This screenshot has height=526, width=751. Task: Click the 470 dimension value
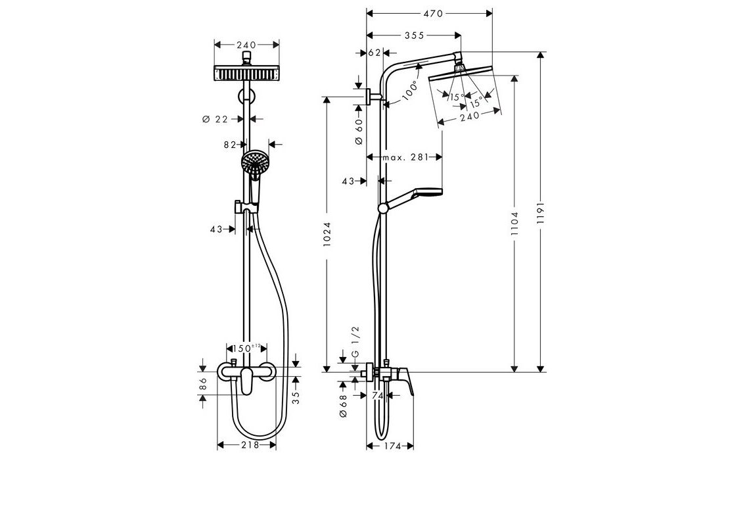(x=433, y=14)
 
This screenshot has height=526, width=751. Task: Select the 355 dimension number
(x=414, y=36)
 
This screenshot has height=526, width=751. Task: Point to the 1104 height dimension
(x=514, y=224)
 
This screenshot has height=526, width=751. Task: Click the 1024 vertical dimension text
(x=327, y=235)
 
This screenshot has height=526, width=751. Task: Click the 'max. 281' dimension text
(x=405, y=157)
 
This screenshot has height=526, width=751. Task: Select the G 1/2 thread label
(x=355, y=342)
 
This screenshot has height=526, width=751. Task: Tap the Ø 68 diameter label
(x=343, y=406)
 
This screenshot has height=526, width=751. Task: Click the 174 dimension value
(x=392, y=446)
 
